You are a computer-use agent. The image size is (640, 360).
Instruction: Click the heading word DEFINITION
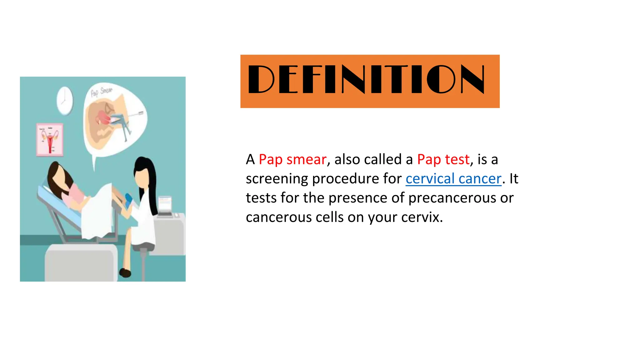coord(366,79)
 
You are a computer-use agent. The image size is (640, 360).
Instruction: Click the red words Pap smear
coord(292,159)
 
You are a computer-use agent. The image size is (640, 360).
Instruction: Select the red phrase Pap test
coord(443,159)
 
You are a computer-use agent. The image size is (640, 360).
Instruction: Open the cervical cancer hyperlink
coord(453,179)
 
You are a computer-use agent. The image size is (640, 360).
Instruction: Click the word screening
coord(277,179)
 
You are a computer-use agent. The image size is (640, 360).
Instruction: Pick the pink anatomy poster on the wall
coord(50,139)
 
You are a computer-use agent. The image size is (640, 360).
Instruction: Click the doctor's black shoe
coord(125,273)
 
